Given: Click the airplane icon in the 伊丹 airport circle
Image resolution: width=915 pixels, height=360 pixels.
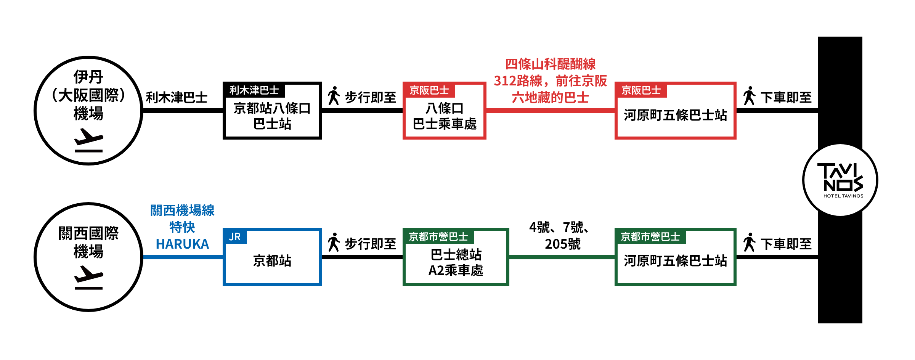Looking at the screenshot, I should click(88, 140).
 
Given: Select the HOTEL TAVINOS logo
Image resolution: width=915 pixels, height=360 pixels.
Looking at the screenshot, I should click(840, 180).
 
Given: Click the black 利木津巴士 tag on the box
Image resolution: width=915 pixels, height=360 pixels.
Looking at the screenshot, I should click(254, 90).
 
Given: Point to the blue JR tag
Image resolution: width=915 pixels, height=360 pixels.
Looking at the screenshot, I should click(235, 237).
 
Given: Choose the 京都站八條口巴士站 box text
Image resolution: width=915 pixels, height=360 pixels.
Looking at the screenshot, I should click(272, 116).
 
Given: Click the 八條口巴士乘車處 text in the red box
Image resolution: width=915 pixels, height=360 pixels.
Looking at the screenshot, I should click(445, 116).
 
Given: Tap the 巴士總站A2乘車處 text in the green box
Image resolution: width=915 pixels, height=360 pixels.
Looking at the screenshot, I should click(456, 262).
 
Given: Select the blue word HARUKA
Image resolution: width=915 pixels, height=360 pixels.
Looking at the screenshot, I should click(182, 244).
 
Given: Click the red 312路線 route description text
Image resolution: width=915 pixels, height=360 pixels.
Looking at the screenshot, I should click(550, 81).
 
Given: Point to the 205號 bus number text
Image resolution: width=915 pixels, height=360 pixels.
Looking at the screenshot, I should click(562, 244).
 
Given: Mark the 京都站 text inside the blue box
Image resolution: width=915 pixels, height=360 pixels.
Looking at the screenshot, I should click(272, 261).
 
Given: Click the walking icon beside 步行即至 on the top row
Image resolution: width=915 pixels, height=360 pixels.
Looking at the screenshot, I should click(334, 96).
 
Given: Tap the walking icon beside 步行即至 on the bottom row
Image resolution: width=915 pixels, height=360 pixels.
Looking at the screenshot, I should click(334, 242).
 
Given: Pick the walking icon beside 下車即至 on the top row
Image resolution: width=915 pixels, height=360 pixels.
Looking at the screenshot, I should click(749, 96).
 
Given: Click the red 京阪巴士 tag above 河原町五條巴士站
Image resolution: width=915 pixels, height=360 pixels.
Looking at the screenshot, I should click(641, 90).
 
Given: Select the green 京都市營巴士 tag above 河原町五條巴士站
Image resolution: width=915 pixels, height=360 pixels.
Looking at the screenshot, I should click(650, 237).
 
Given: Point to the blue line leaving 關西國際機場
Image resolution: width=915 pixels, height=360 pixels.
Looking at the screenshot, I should click(183, 257).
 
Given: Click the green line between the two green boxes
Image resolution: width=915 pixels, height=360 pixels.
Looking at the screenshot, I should click(562, 257).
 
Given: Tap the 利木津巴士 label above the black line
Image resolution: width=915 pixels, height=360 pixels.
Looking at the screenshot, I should click(177, 98).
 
